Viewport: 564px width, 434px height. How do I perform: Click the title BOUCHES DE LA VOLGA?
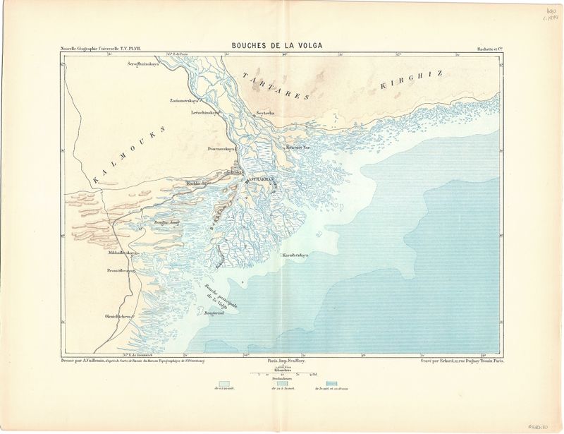point(277,45)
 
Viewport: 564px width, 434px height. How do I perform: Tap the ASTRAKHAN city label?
point(259,180)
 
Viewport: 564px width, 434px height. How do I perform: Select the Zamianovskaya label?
point(185,100)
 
